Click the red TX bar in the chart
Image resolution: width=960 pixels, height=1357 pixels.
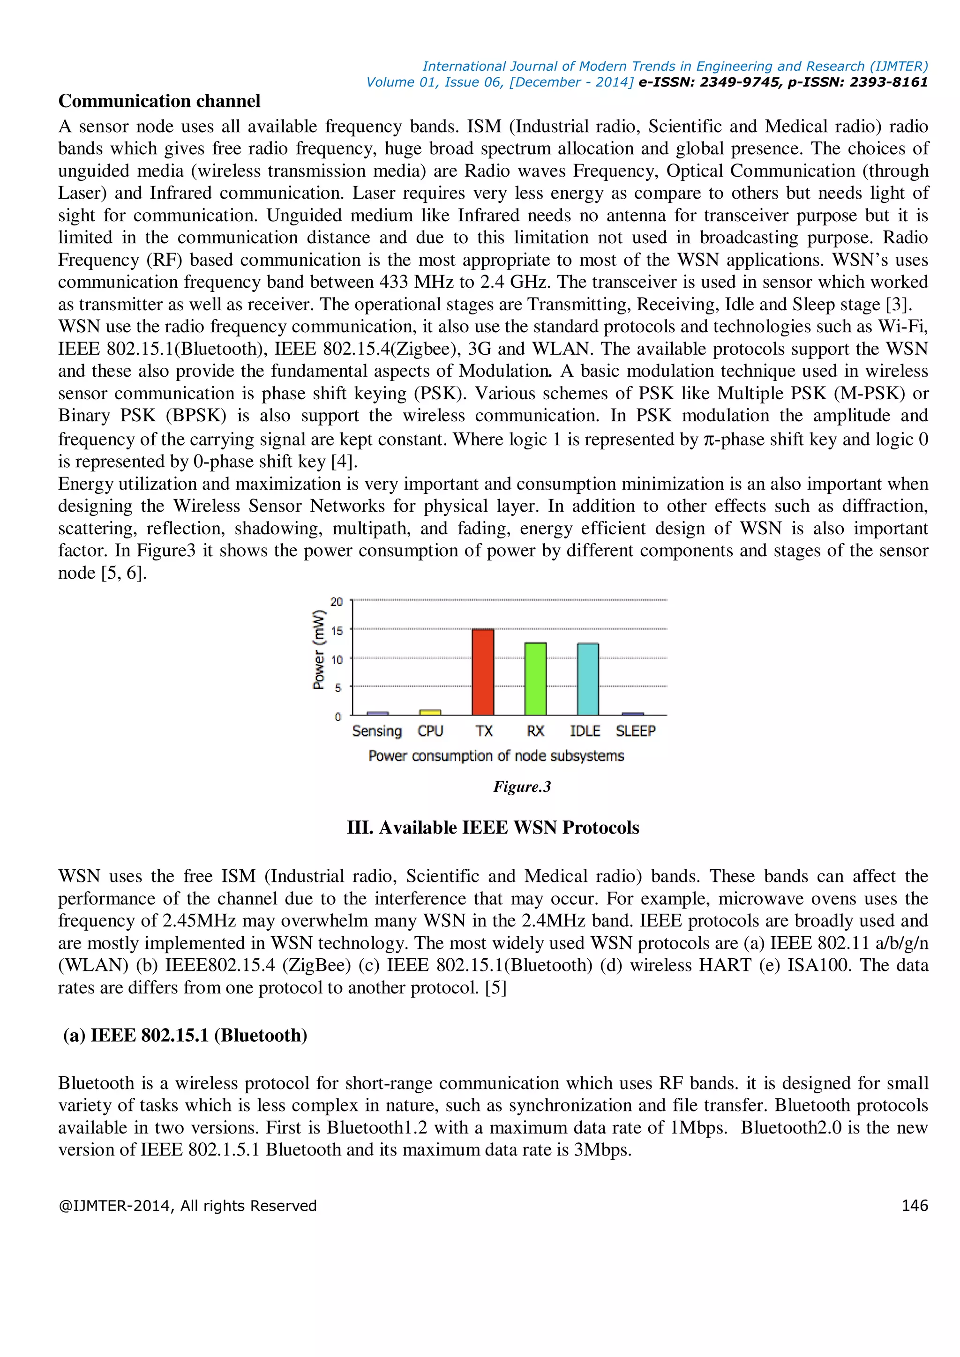(482, 672)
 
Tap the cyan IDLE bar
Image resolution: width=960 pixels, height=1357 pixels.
(588, 680)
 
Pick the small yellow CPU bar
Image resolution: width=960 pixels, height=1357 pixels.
(430, 712)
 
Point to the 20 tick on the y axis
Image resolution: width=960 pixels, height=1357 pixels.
(337, 602)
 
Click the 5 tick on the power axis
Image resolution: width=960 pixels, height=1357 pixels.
(338, 687)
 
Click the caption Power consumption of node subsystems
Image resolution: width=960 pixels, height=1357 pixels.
(496, 756)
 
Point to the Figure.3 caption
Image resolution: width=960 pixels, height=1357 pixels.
(522, 787)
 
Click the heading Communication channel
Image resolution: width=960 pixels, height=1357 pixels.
(159, 101)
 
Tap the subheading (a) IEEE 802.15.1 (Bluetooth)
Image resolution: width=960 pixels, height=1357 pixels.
(185, 1036)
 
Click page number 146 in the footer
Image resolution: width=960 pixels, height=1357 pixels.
(915, 1206)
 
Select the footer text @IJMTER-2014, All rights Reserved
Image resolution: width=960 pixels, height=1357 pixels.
(187, 1206)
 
